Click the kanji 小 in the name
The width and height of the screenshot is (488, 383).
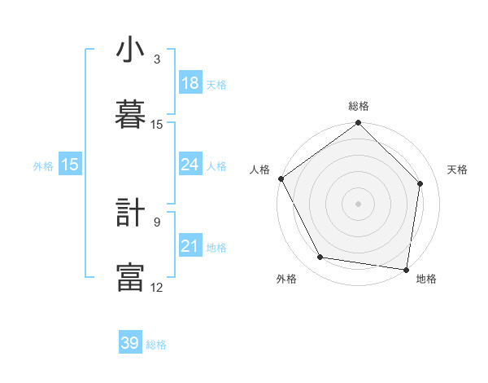(130, 51)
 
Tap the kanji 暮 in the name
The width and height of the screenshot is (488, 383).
(130, 113)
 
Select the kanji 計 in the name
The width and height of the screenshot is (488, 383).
(130, 214)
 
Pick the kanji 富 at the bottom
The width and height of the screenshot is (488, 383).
(130, 276)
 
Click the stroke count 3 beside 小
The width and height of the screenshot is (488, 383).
(157, 59)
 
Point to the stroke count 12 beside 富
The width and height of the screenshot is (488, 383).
(157, 287)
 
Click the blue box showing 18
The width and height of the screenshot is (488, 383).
(190, 83)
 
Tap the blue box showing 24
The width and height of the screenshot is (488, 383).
(190, 165)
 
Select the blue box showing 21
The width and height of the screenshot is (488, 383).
(190, 246)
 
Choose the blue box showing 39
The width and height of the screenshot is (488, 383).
(130, 343)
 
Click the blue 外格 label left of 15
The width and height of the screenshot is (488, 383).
(43, 165)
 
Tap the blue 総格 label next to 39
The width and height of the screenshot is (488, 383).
(156, 345)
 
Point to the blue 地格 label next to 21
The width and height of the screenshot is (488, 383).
(216, 248)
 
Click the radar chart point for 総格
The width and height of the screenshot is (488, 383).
(358, 124)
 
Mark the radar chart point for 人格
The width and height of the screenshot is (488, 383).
(281, 178)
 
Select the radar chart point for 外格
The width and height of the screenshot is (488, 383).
(320, 258)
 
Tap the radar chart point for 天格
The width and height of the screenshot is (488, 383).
(420, 183)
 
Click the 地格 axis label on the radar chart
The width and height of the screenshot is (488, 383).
(426, 279)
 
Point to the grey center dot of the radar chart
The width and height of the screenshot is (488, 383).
(358, 203)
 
